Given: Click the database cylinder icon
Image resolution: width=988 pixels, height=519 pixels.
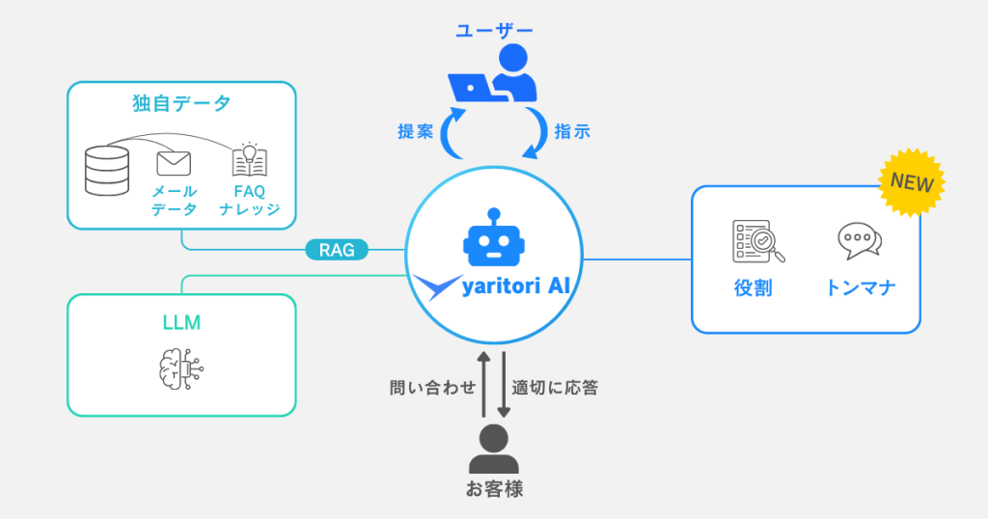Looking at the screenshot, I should click(x=107, y=172).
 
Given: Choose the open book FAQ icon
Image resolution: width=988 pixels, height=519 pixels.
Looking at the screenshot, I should click(x=249, y=160).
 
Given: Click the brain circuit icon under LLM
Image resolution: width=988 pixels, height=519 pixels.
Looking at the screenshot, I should click(x=181, y=369).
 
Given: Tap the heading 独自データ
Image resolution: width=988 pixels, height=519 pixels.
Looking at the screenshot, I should click(x=181, y=103).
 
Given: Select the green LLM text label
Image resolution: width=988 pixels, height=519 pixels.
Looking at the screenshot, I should click(x=181, y=323).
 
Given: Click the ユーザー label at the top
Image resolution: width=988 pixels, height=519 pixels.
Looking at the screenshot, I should click(x=494, y=30).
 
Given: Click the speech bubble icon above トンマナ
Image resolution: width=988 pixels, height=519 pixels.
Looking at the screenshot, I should click(x=860, y=241).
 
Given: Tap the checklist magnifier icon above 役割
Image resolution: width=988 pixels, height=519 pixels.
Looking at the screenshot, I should click(x=757, y=241).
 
